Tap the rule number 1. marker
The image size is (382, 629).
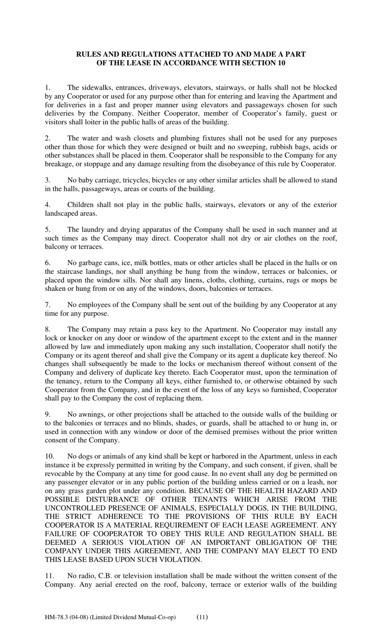click(x=47, y=88)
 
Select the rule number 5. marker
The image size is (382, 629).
click(x=47, y=230)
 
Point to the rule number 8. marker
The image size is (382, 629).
click(x=47, y=329)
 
